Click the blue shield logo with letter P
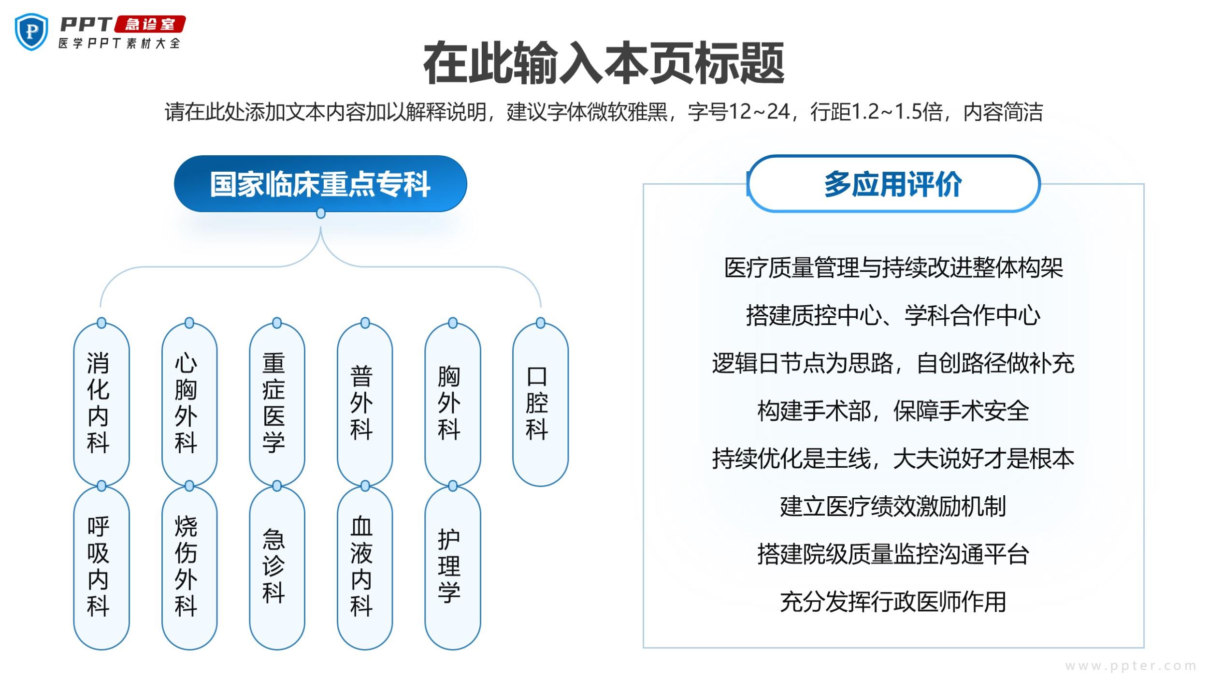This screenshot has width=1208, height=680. coord(31,31)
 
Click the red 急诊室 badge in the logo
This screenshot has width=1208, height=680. coord(150,24)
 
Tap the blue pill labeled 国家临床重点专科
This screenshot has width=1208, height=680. coord(320,184)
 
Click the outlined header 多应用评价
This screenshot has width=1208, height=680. coord(893,184)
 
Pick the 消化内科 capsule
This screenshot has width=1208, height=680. coord(101,404)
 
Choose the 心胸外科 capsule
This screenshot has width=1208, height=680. coord(189,404)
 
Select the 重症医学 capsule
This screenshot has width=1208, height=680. coord(277,404)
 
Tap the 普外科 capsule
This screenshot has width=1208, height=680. coord(365,404)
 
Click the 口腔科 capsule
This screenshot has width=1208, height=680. coord(540,404)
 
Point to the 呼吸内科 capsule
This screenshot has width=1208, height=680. coord(101,567)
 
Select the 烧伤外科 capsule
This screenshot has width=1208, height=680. coord(189,567)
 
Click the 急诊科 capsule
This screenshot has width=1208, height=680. coord(277,567)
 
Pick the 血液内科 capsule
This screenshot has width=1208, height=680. coord(365,567)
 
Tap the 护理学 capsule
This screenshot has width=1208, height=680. coord(452,567)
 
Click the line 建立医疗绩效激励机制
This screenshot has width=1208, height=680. coord(893,506)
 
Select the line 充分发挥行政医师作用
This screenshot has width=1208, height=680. coord(893,602)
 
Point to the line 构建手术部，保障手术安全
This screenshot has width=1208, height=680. coord(893,411)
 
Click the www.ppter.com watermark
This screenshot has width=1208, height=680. coord(1131,666)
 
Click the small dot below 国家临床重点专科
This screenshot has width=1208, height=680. coord(320,213)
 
